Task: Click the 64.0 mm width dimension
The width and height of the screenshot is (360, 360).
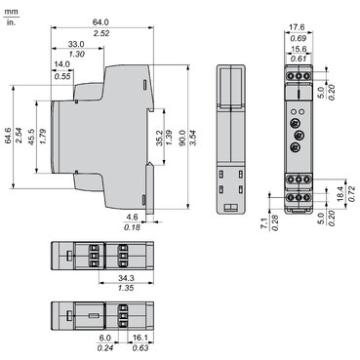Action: coord(100,22)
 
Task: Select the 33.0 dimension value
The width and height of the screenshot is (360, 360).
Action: coord(76,44)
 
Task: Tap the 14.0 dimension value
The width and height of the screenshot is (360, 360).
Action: coord(62,64)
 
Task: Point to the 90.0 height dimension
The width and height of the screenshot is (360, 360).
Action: coord(182,138)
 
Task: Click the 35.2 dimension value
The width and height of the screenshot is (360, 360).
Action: coord(159,138)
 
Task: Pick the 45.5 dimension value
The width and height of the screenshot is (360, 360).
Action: coord(31,137)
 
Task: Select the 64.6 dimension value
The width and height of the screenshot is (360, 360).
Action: coord(9,136)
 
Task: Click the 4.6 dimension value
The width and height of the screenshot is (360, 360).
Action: coord(132,217)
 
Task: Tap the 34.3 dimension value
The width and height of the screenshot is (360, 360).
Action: coord(127,278)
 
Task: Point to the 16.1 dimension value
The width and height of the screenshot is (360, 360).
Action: coord(140,339)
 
